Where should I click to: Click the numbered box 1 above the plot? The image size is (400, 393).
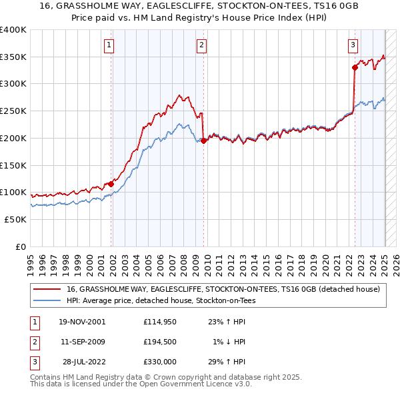click(109, 45)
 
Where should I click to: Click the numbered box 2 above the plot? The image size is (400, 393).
click(201, 45)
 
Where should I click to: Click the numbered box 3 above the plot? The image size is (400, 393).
click(352, 45)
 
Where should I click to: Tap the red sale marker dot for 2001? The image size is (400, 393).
click(111, 184)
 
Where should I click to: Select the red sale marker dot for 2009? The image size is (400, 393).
click(203, 141)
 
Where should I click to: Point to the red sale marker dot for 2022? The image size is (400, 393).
click(355, 67)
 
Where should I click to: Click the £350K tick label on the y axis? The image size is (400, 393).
click(13, 57)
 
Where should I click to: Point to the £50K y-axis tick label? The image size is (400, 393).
click(15, 219)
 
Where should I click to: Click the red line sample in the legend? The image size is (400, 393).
click(47, 289)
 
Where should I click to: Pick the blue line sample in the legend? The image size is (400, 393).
click(47, 300)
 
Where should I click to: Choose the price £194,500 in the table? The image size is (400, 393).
click(161, 342)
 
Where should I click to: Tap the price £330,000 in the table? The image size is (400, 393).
click(161, 362)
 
